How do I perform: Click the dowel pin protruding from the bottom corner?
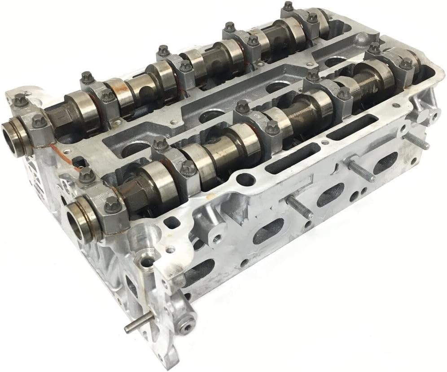(x=133, y=328)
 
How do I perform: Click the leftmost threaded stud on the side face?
(x=299, y=209)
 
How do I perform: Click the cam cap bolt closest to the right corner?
(x=406, y=63)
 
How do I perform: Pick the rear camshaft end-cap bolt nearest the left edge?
(x=20, y=101)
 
